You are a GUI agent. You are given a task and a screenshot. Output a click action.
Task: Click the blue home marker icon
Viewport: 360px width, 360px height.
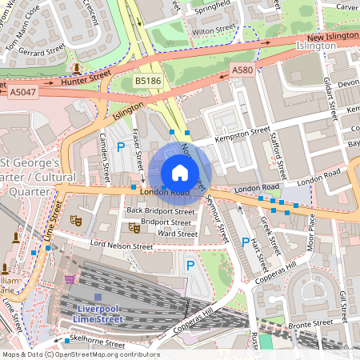pos(180,173)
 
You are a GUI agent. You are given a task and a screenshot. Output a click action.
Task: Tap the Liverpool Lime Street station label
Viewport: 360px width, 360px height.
pos(98,314)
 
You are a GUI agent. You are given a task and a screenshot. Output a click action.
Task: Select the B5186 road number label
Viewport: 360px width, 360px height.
pos(147,81)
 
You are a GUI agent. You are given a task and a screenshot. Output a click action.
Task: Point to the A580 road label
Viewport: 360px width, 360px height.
pos(242,72)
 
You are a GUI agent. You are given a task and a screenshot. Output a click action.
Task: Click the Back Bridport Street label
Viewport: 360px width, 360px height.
pos(160,211)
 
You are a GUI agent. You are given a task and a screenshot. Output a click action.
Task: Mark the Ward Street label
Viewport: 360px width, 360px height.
pos(177,234)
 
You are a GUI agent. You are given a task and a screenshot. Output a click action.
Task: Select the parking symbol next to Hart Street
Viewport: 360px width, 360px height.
pos(246,242)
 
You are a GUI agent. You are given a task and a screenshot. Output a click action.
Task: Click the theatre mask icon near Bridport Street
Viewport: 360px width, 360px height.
pos(134,227)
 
